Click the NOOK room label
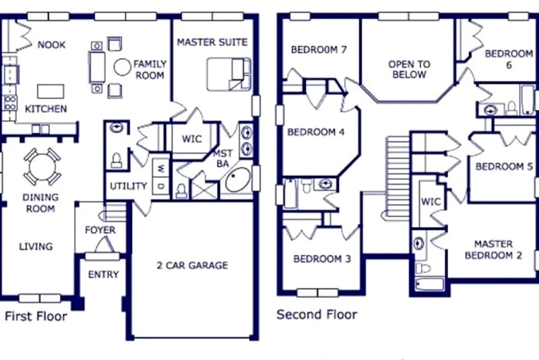tap(52, 44)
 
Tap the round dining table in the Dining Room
tap(42, 167)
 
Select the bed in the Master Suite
tap(228, 74)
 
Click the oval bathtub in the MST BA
tap(238, 180)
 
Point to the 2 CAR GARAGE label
tap(192, 265)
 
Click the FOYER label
tap(100, 230)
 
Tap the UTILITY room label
tap(129, 186)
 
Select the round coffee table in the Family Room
tap(123, 67)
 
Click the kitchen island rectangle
tap(51, 92)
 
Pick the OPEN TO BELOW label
tap(409, 69)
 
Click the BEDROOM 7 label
tap(319, 50)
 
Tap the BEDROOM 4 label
tap(316, 132)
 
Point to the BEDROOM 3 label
tap(322, 259)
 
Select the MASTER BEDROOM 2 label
tap(493, 249)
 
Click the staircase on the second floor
tap(398, 176)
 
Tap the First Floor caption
tap(36, 316)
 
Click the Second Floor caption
tap(317, 314)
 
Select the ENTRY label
tap(104, 274)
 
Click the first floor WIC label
tap(192, 139)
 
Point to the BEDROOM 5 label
tap(504, 167)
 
